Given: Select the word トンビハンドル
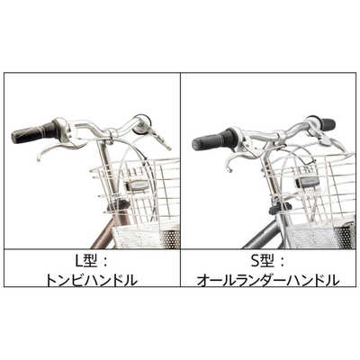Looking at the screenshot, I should (91, 280).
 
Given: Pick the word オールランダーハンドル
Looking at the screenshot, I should (269, 280).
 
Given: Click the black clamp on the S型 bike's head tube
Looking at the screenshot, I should (274, 208).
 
